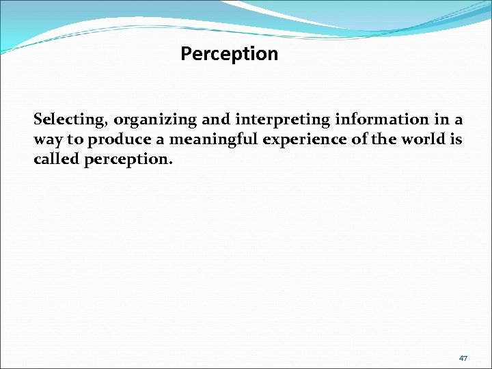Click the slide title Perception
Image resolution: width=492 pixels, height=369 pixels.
(229, 54)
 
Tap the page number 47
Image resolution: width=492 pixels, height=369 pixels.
(463, 358)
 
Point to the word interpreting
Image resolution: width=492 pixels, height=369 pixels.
(283, 120)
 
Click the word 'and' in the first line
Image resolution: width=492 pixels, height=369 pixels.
(216, 120)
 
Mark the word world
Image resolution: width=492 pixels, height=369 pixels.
(420, 139)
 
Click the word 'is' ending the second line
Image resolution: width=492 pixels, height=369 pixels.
(456, 139)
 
